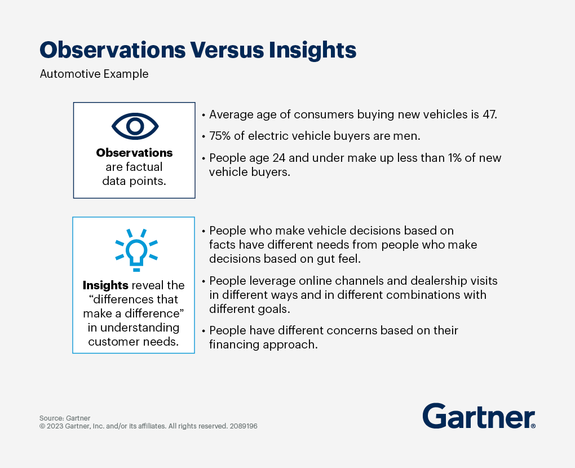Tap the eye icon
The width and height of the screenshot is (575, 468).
pos(135,126)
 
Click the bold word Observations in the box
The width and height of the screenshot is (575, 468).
pos(134,153)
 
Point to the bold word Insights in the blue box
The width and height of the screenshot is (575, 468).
pos(105,285)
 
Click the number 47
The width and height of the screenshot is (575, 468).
pos(488,114)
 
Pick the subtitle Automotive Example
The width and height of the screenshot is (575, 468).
pos(94,74)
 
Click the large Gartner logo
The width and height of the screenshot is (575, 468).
pos(479,416)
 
